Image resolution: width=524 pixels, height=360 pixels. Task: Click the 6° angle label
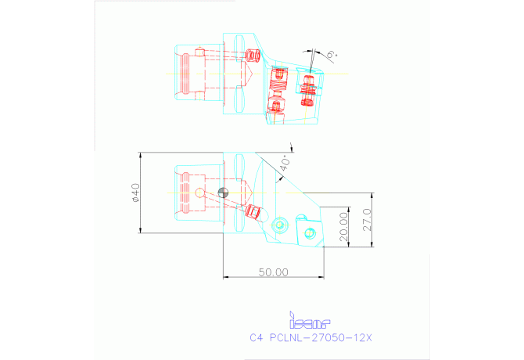tap(332, 55)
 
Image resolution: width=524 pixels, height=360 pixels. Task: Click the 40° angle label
tap(285, 163)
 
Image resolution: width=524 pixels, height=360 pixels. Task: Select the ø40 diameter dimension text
tap(135, 193)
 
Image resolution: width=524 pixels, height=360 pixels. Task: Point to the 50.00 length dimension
tap(274, 272)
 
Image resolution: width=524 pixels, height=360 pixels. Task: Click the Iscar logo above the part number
tap(310, 321)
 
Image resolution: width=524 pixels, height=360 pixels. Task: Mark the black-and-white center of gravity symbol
tap(224, 193)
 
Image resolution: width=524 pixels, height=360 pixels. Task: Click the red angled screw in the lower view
tap(252, 211)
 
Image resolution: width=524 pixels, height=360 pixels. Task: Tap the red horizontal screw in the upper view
tap(253, 56)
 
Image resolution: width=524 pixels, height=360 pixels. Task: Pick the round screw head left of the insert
tap(279, 226)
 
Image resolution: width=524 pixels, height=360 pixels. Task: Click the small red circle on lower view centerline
tap(200, 193)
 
